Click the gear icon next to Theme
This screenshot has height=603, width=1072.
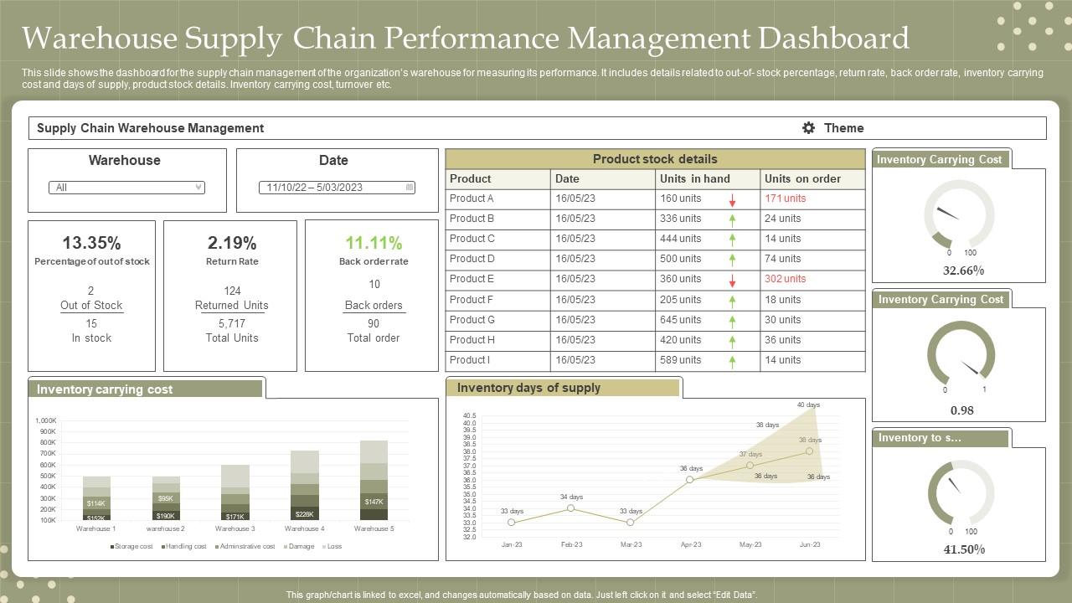tap(808, 128)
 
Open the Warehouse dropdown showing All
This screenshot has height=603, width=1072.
tap(126, 188)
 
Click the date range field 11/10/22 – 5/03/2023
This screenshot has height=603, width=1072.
tap(337, 188)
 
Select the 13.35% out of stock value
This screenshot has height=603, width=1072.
tap(91, 243)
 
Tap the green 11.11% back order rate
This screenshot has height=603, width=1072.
tap(374, 243)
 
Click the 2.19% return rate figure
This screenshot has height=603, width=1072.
tap(231, 243)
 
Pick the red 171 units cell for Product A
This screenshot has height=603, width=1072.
tap(785, 198)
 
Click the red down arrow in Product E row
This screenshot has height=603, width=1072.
tap(732, 281)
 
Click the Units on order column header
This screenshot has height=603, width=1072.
tap(802, 178)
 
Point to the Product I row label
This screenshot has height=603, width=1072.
tap(469, 360)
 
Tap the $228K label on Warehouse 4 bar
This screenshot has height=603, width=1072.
tap(304, 514)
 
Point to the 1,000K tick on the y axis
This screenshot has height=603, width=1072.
tap(45, 420)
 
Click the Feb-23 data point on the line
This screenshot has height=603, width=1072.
tap(571, 508)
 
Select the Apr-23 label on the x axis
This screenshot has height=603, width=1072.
tap(691, 544)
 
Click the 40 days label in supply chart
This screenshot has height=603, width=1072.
tap(808, 405)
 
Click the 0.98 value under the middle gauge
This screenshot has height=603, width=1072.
tap(961, 410)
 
